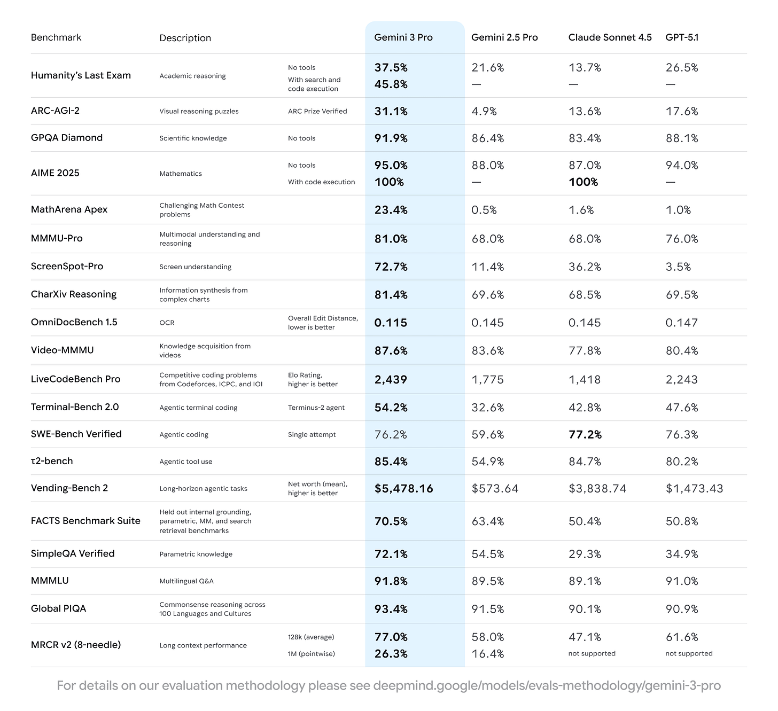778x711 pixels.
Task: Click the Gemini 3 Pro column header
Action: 403,37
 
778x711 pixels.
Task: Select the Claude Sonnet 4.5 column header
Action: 610,37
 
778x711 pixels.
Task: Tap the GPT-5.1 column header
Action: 682,37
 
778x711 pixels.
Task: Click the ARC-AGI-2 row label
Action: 55,111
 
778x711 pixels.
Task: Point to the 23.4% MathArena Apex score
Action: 391,210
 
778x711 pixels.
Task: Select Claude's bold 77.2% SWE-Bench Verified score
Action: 585,435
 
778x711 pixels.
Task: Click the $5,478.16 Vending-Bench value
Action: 403,489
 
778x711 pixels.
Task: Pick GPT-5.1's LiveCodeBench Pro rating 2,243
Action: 681,380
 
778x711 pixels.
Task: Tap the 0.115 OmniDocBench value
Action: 391,323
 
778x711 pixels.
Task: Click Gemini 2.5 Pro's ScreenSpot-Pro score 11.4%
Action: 487,267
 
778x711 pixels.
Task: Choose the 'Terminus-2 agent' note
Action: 316,408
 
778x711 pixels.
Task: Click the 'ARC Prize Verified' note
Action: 317,111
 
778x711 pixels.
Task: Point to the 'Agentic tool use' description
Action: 185,462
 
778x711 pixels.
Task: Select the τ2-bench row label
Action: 52,461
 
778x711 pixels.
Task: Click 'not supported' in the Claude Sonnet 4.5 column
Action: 592,653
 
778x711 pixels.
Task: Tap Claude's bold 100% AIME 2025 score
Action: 583,182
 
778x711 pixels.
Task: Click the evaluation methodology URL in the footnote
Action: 547,685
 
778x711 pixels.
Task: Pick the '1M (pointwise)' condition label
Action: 311,654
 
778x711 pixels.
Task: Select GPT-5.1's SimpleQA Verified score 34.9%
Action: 682,554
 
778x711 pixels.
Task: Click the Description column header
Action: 185,38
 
